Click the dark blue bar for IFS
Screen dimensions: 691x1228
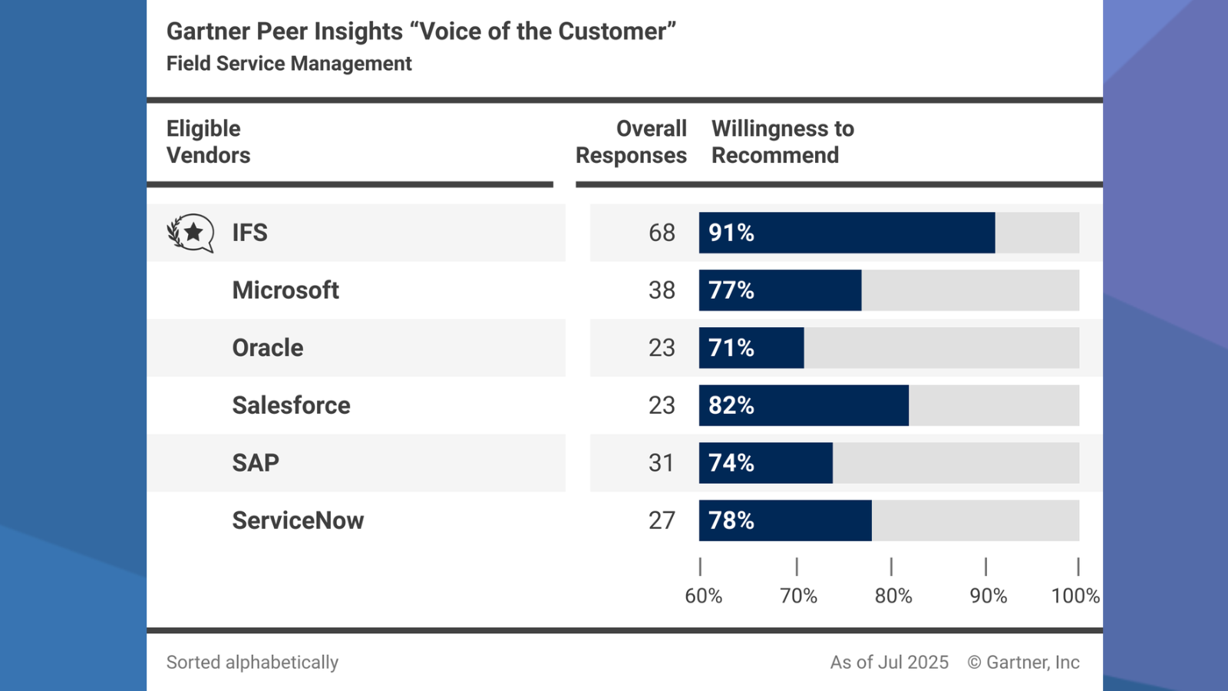pos(847,233)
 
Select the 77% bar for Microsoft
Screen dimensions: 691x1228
pos(780,290)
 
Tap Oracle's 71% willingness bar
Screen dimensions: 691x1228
pos(751,348)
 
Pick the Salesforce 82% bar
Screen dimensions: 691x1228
pos(804,405)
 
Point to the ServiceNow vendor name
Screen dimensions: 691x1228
pos(298,521)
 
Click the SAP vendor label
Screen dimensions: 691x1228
pos(256,463)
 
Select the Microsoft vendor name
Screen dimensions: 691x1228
pos(286,290)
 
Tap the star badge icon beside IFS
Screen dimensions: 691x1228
pos(191,233)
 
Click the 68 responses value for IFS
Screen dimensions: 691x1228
pos(662,233)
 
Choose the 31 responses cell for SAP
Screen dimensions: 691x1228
pos(662,463)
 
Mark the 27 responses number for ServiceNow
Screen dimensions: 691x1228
pos(662,521)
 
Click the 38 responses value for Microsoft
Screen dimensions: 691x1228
pos(662,290)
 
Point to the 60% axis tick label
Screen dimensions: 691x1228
pos(703,596)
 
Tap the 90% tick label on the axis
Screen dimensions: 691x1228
pos(988,596)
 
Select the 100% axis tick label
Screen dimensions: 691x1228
pos(1074,596)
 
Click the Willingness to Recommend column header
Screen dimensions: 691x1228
pos(782,142)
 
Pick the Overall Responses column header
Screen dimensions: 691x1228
pos(632,142)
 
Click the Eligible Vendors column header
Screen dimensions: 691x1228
pos(208,142)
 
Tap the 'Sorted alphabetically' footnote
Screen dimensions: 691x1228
pos(253,662)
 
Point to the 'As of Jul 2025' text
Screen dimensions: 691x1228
pos(889,662)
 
